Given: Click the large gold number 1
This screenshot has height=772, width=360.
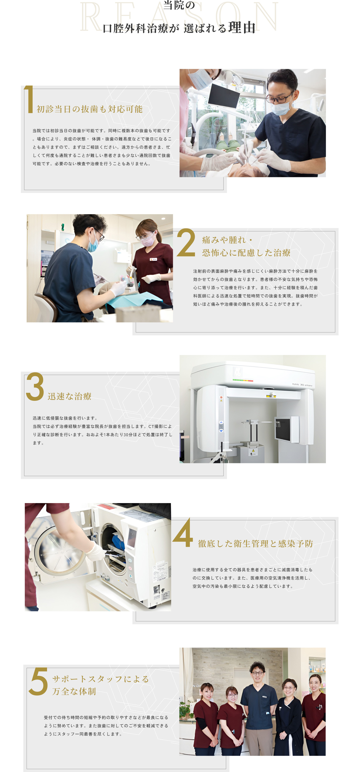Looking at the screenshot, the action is pos(29,99).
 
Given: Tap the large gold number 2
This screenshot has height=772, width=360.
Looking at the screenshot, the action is pos(186,242).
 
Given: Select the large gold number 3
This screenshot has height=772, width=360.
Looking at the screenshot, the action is pos(35,386).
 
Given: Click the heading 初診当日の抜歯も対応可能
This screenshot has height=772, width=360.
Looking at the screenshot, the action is pos(90,109).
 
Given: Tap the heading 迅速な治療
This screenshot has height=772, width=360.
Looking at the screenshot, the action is pos(70,396).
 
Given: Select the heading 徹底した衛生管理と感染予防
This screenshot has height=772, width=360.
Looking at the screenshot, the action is pos(255,543).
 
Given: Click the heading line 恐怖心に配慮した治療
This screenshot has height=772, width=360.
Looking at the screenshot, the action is pos(246,253).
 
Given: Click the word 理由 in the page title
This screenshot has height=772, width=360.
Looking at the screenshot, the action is pos(242,28).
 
